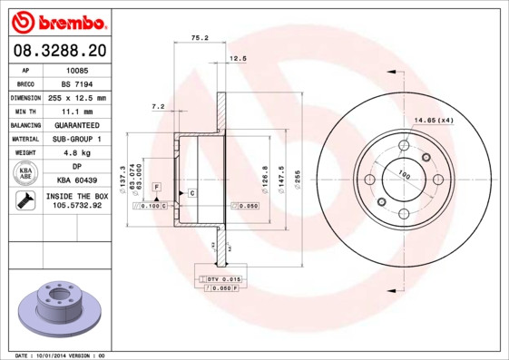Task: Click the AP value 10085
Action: [77, 70]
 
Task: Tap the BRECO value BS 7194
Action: [77, 83]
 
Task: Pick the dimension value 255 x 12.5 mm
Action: [77, 97]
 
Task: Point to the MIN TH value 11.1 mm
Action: [77, 111]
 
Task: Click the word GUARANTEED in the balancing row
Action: [77, 124]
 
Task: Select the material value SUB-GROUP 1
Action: [77, 139]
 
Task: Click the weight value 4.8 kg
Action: [77, 152]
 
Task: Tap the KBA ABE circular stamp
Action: [25, 173]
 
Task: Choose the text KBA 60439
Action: [77, 180]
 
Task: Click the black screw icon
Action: [25, 200]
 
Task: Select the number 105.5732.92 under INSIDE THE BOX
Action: [77, 206]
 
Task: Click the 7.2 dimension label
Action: [157, 106]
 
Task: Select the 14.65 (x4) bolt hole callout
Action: [433, 121]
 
